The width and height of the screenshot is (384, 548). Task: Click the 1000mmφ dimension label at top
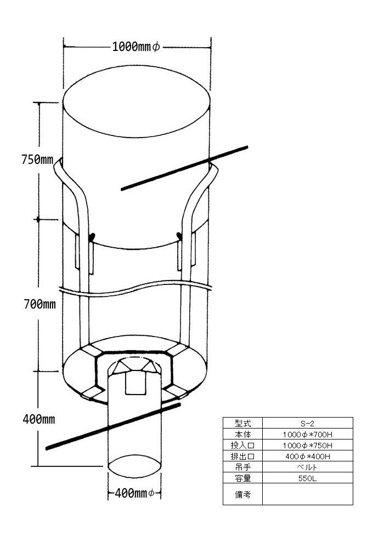pyautogui.click(x=136, y=47)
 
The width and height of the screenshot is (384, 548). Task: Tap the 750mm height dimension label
pyautogui.click(x=37, y=159)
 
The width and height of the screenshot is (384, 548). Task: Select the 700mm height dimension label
pyautogui.click(x=40, y=304)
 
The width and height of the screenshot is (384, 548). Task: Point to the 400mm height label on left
pyautogui.click(x=39, y=419)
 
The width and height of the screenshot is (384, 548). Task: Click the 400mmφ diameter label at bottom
pyautogui.click(x=134, y=493)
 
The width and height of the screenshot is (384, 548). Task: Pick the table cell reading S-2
pyautogui.click(x=307, y=424)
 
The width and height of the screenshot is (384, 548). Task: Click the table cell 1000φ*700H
pyautogui.click(x=307, y=435)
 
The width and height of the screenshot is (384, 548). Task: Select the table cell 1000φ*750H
pyautogui.click(x=307, y=445)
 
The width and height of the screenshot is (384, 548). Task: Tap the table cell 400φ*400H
pyautogui.click(x=307, y=456)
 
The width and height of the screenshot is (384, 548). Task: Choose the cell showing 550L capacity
pyautogui.click(x=307, y=478)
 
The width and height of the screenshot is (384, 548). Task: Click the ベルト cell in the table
pyautogui.click(x=307, y=467)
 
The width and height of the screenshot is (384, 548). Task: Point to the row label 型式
pyautogui.click(x=242, y=423)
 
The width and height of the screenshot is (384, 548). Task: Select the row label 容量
pyautogui.click(x=242, y=478)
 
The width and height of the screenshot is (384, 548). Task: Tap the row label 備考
pyautogui.click(x=242, y=494)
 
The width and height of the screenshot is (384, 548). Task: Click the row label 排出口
pyautogui.click(x=242, y=456)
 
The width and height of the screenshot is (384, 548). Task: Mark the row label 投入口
pyautogui.click(x=242, y=445)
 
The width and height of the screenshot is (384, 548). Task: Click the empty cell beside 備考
pyautogui.click(x=307, y=494)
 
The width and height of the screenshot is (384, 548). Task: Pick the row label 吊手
pyautogui.click(x=242, y=467)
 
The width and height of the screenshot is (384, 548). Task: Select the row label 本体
pyautogui.click(x=242, y=435)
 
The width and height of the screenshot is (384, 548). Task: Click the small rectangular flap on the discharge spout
pyautogui.click(x=135, y=383)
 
